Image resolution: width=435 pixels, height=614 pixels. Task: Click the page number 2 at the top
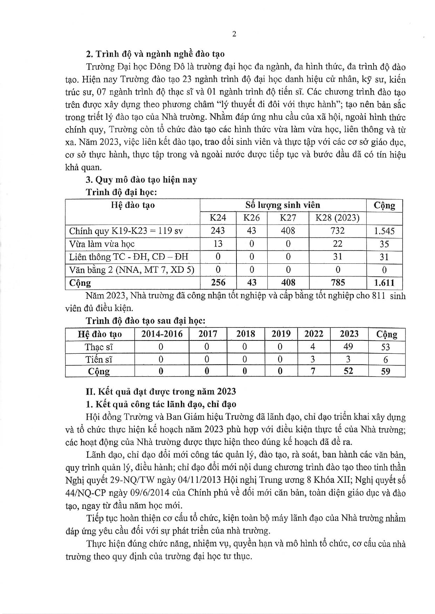(x=234, y=34)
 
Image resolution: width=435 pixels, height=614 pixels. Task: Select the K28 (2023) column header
(x=337, y=218)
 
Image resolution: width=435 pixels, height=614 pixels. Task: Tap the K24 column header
(x=217, y=218)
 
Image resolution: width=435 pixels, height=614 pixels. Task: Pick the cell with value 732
(x=337, y=231)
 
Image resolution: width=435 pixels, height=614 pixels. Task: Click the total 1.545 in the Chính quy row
(x=384, y=231)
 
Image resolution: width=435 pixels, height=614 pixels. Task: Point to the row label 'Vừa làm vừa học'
(x=102, y=244)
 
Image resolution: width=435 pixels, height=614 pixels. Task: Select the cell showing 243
(x=217, y=231)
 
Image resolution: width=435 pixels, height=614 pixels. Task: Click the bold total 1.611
(x=384, y=283)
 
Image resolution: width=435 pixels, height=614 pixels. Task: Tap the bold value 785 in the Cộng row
(x=337, y=282)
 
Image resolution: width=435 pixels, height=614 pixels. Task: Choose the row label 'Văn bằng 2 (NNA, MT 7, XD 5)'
(x=132, y=270)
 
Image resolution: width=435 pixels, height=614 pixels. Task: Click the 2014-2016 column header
(x=162, y=334)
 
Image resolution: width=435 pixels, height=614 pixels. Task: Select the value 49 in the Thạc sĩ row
(x=348, y=347)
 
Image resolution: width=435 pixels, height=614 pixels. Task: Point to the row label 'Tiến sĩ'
(x=99, y=359)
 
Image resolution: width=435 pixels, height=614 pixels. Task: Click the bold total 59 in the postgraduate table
(x=386, y=371)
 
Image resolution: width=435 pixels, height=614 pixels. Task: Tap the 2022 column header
(x=314, y=334)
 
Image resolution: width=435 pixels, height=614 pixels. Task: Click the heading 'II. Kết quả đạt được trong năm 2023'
(x=161, y=391)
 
